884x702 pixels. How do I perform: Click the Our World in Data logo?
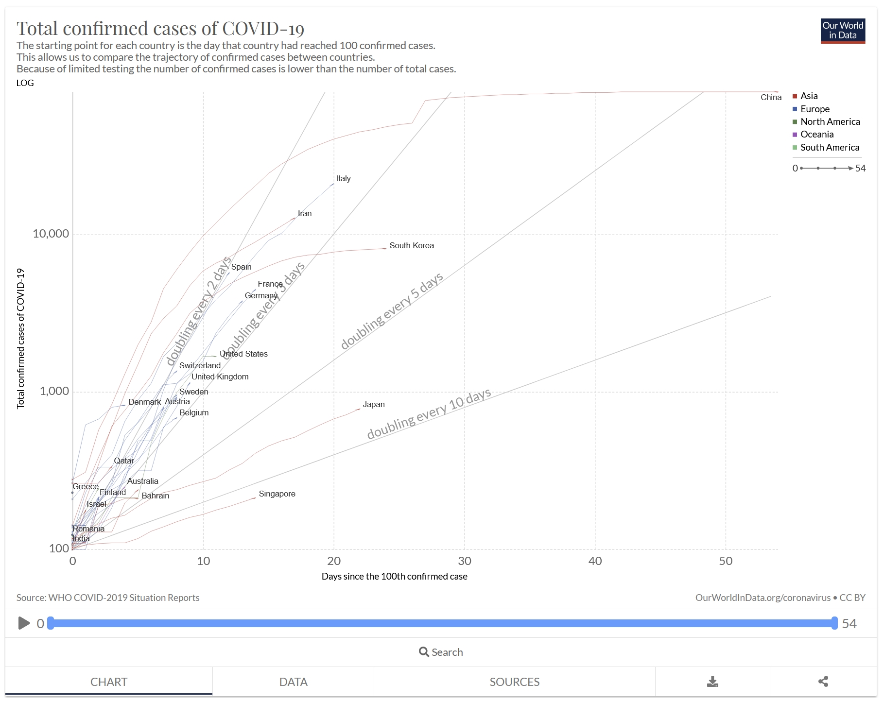click(842, 31)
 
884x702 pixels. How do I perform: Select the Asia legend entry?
click(809, 96)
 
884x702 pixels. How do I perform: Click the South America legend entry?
click(830, 148)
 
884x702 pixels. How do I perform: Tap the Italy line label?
click(343, 179)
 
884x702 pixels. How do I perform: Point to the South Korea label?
click(411, 246)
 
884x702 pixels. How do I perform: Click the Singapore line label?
click(277, 494)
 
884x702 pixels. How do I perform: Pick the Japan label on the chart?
click(373, 405)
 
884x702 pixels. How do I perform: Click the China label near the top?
click(771, 98)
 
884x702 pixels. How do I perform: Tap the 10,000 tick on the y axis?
click(51, 234)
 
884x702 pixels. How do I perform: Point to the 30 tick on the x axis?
click(465, 562)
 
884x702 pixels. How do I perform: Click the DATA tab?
click(293, 682)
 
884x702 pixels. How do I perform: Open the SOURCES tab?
click(514, 682)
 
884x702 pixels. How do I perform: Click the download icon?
click(712, 682)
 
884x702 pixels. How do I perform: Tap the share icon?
click(823, 682)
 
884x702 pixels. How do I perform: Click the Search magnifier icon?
click(424, 652)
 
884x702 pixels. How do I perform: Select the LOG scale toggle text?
click(25, 83)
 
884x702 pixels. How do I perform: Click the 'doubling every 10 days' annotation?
click(429, 414)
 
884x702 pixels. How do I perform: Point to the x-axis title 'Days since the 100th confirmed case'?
click(394, 577)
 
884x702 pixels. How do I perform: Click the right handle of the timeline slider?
click(834, 623)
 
